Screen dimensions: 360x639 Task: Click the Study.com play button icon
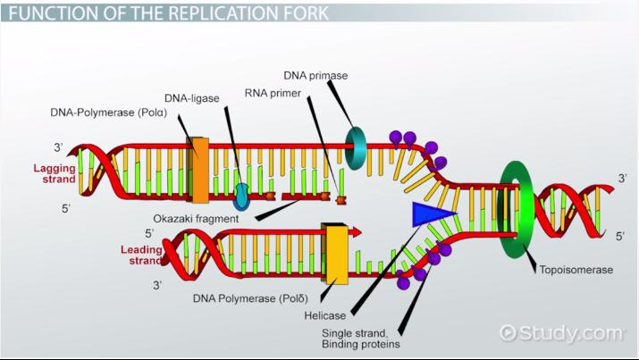point(509,333)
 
